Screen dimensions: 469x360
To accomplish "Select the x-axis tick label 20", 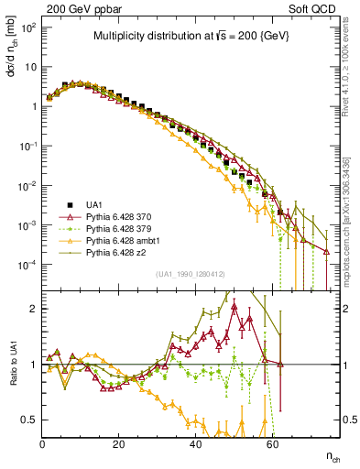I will pyautogui.click(x=119, y=443).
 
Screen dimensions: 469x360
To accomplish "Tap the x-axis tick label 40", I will pyautogui.click(x=195, y=443).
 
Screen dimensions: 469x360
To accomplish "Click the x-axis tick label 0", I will pyautogui.click(x=43, y=443).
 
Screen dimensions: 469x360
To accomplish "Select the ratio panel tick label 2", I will pyautogui.click(x=34, y=309).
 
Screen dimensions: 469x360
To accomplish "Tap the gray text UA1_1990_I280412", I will pyautogui.click(x=191, y=274).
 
